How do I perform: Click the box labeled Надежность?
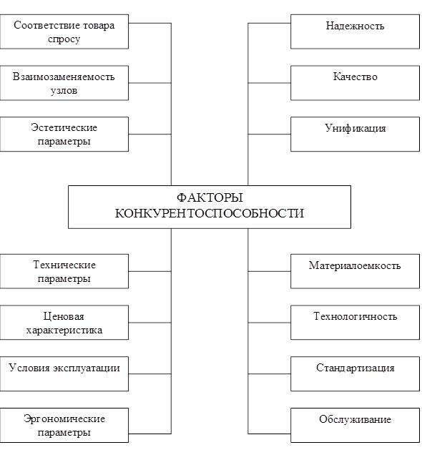[x=355, y=31]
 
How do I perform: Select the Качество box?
[x=355, y=83]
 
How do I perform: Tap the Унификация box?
[x=355, y=134]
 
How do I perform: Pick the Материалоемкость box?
[x=355, y=271]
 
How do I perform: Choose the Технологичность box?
[x=355, y=323]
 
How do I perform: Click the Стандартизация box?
[x=355, y=373]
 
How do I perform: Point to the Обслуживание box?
[x=355, y=425]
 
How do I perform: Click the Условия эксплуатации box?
[x=64, y=373]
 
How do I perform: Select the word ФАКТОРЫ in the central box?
[x=210, y=197]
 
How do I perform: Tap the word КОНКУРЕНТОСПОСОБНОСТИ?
[x=210, y=213]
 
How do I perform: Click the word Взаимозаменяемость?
[x=64, y=77]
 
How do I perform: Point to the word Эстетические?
[x=64, y=127]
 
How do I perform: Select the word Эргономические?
[x=64, y=419]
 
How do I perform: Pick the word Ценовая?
[x=64, y=316]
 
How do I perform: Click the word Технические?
[x=64, y=265]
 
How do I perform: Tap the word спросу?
[x=64, y=39]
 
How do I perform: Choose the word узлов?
[x=64, y=91]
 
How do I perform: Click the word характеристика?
[x=64, y=331]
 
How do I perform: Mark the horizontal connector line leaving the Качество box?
[x=269, y=83]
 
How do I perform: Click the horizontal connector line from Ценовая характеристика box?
[x=150, y=323]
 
